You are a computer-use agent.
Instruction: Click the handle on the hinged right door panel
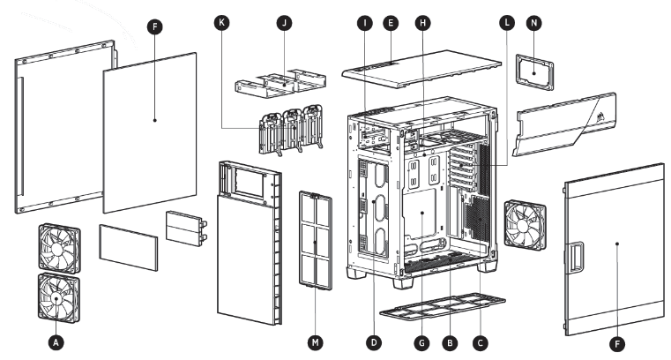click(576, 257)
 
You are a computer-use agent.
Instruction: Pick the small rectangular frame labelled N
click(534, 71)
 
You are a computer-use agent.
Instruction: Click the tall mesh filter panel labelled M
click(315, 238)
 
